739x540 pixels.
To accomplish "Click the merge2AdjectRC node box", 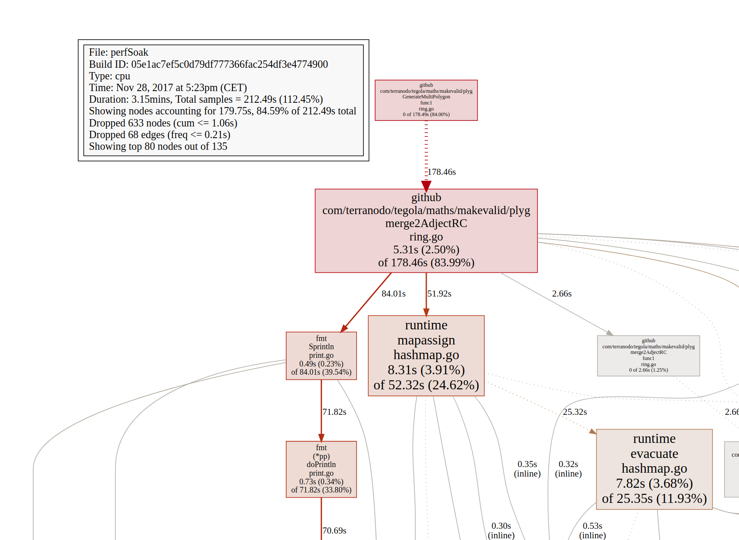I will [x=426, y=231].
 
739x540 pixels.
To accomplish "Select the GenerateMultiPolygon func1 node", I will [x=426, y=100].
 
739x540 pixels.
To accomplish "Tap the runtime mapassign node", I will [x=426, y=355].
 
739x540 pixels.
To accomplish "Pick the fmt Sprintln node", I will [x=321, y=356].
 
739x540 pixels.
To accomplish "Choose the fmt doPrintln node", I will [x=321, y=469].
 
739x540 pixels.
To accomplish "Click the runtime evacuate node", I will [x=654, y=469].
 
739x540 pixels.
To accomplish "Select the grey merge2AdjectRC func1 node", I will [x=648, y=356].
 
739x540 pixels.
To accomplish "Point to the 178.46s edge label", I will [x=442, y=172].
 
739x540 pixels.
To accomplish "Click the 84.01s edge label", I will [x=393, y=294].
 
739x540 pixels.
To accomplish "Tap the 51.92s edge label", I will [x=439, y=294].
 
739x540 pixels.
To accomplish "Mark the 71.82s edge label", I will [x=334, y=412].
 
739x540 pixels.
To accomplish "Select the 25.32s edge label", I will [x=575, y=412].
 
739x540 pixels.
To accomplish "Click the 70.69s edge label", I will [x=334, y=531].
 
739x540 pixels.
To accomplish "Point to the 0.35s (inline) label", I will [x=527, y=469].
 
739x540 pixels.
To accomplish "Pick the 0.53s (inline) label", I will [x=592, y=531].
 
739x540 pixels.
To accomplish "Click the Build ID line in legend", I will [x=208, y=64].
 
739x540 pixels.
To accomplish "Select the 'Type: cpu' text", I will [x=110, y=76].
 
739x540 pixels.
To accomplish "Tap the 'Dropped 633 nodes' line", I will [x=163, y=123].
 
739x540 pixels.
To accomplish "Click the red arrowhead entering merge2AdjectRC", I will [x=426, y=186].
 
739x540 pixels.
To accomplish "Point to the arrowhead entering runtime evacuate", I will [x=593, y=431].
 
